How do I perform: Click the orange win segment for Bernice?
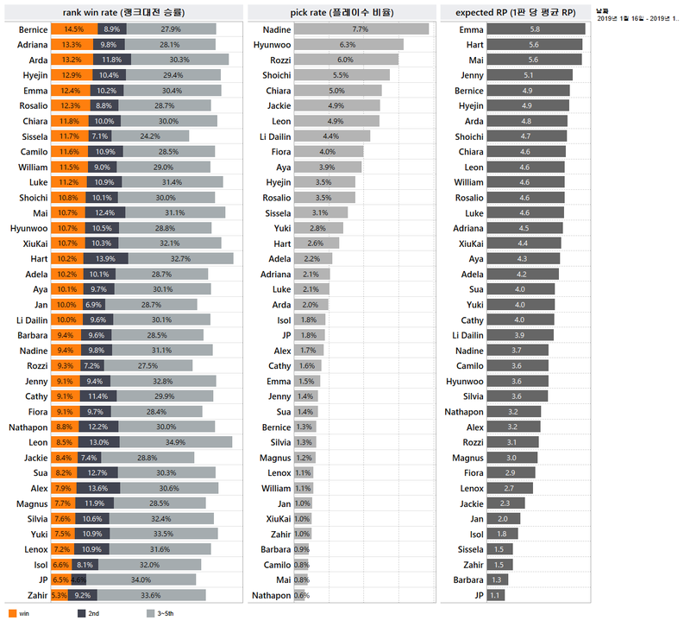click(72, 29)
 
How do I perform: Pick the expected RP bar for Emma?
click(536, 29)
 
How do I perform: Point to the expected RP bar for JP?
click(495, 595)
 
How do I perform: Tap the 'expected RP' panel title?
click(515, 12)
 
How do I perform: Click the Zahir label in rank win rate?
click(34, 595)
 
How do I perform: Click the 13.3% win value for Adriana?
click(72, 44)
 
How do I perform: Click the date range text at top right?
click(637, 18)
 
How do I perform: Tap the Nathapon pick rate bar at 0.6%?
click(302, 595)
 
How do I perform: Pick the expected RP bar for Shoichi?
click(526, 136)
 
